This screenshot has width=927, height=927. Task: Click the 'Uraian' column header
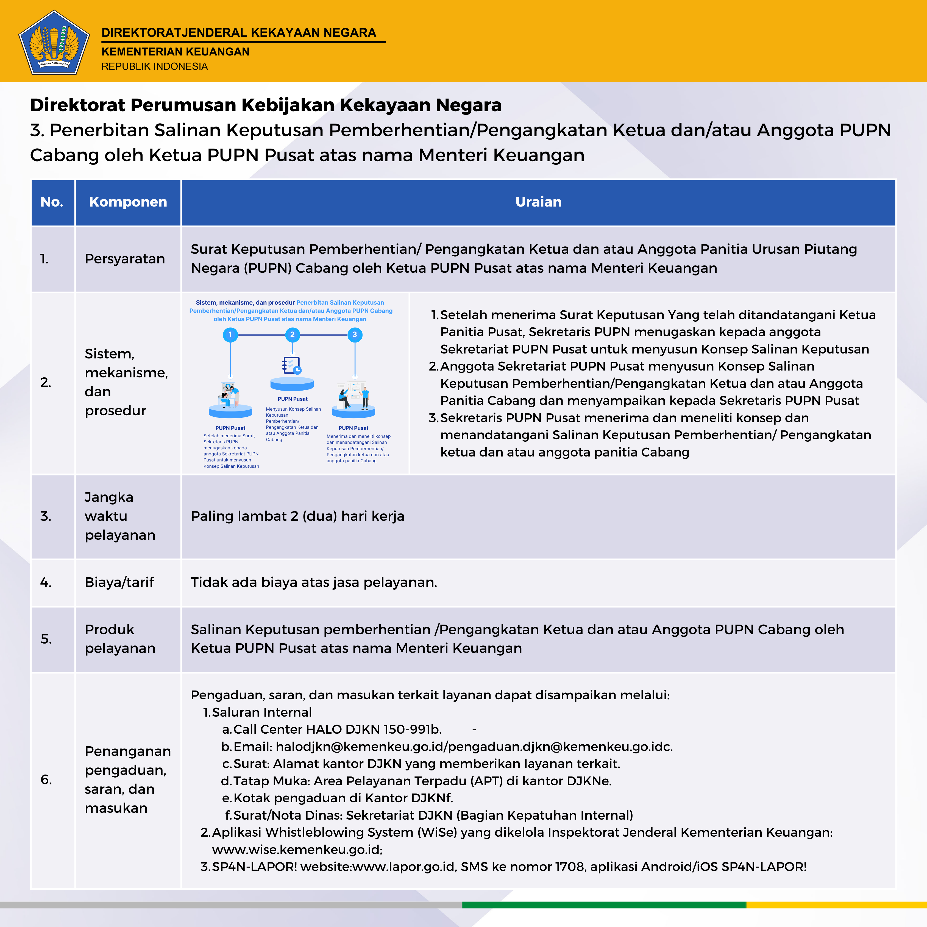click(538, 202)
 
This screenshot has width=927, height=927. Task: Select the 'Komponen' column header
click(128, 202)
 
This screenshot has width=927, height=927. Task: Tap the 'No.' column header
click(52, 202)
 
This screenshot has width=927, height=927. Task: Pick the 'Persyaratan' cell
click(125, 259)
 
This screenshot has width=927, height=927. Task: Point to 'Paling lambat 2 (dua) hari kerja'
click(297, 516)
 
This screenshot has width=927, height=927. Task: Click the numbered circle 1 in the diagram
click(230, 335)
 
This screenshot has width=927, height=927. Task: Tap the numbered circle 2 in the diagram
click(292, 335)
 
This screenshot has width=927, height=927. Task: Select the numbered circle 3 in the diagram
click(355, 335)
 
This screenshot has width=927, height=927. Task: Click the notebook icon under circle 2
click(291, 365)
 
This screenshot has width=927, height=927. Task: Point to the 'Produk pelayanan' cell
click(120, 639)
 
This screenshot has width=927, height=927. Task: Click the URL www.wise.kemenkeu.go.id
click(297, 850)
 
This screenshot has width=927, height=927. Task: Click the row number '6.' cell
click(46, 780)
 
